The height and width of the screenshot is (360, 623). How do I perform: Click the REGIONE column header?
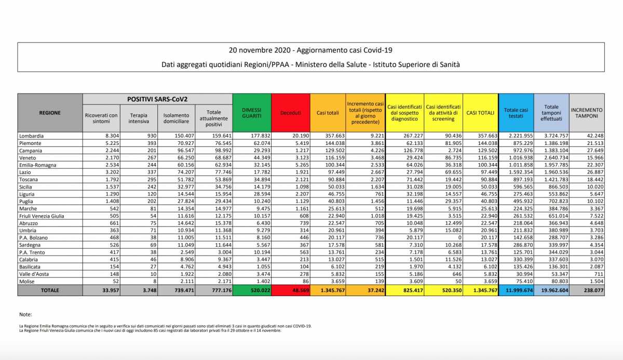click(x=50, y=113)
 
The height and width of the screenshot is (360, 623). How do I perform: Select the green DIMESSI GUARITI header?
click(x=251, y=113)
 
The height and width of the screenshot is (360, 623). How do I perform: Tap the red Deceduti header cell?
click(x=291, y=113)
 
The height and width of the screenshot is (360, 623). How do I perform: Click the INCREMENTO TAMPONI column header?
click(x=587, y=113)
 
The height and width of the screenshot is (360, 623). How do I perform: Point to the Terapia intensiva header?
click(x=139, y=118)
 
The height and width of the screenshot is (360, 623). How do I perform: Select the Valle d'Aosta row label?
click(x=35, y=274)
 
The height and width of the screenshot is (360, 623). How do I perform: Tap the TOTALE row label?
click(x=50, y=290)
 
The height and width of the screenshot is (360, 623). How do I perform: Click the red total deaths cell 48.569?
click(x=291, y=291)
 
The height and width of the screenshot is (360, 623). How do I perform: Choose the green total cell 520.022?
click(x=251, y=291)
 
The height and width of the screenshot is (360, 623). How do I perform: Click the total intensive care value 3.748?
click(x=139, y=291)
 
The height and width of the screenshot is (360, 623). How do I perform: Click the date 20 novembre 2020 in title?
click(x=259, y=50)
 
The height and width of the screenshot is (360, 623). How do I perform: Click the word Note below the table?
click(x=25, y=314)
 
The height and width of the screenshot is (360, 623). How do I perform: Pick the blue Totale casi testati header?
click(x=516, y=113)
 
